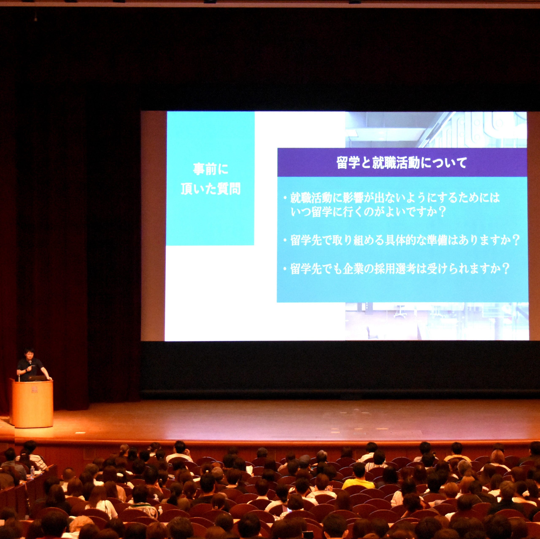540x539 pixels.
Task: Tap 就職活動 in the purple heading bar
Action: (x=396, y=163)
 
